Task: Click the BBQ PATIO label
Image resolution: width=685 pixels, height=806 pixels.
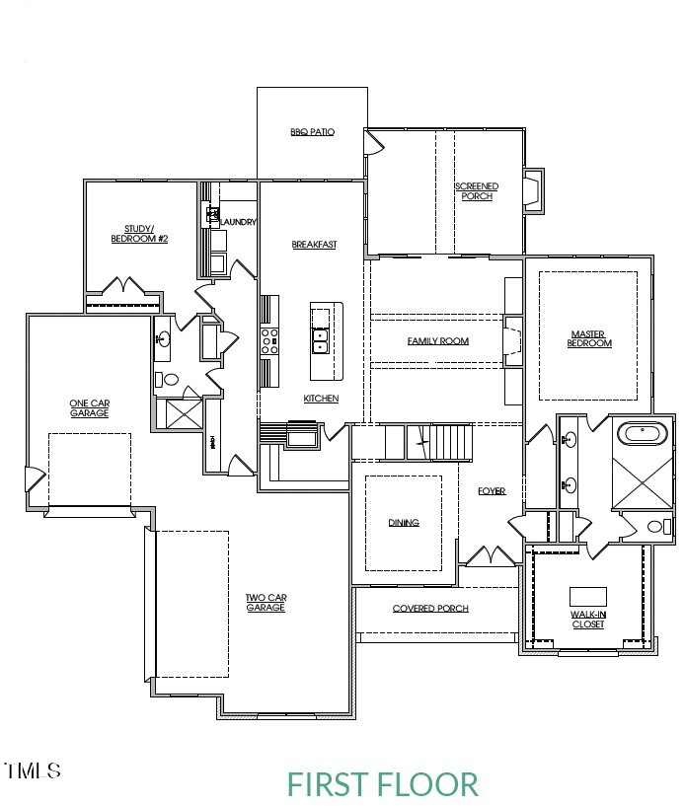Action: pos(312,131)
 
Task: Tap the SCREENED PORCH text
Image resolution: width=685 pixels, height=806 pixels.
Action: pos(476,191)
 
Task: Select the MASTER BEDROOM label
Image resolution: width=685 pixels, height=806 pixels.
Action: pos(589,338)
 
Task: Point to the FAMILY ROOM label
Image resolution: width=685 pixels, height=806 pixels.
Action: pos(437,341)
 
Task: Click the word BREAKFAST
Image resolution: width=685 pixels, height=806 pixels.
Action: pos(314,245)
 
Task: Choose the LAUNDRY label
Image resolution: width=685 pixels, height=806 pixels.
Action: pos(239,222)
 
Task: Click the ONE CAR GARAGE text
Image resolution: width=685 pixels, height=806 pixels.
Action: pos(89,407)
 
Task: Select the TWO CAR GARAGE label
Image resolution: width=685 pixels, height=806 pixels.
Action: pos(266,602)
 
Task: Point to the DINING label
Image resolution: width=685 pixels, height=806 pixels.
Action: pos(404,523)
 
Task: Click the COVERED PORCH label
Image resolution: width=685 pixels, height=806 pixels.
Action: pos(430,609)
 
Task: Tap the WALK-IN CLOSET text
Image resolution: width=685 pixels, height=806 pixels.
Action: pos(588,620)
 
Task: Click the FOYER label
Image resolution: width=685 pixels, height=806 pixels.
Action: pos(492,491)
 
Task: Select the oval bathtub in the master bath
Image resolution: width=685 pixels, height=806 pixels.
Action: pos(643,432)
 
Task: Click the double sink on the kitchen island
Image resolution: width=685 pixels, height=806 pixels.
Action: pos(320,341)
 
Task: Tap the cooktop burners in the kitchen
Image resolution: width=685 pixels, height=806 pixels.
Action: pos(268,341)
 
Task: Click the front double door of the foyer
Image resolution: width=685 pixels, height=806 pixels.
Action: pos(489,557)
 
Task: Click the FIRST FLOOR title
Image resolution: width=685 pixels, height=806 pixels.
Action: pos(383,784)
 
